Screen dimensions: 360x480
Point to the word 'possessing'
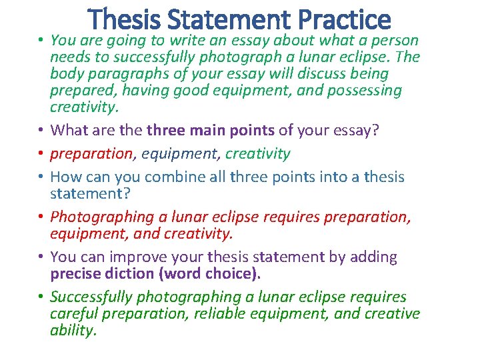(x=365, y=90)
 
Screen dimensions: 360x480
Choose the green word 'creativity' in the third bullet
(x=257, y=153)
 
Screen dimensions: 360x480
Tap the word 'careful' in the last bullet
(x=73, y=313)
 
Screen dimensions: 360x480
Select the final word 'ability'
(x=73, y=330)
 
